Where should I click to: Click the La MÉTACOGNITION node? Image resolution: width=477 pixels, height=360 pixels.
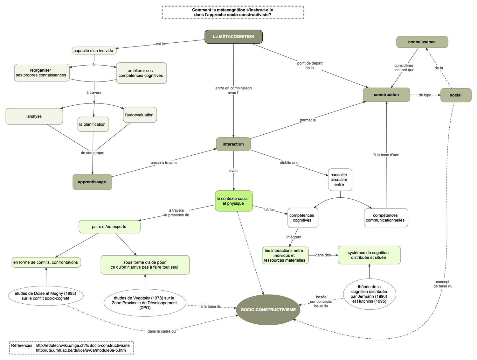[233, 37]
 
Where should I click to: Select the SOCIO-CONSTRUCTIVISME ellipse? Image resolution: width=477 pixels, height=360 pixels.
[268, 310]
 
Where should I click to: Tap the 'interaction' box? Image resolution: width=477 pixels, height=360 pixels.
[233, 144]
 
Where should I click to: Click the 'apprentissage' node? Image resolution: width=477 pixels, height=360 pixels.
[92, 182]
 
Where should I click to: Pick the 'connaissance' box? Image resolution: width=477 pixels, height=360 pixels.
[422, 42]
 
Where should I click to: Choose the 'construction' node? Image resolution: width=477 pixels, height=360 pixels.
[386, 95]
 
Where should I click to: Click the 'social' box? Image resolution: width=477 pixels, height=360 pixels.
[455, 95]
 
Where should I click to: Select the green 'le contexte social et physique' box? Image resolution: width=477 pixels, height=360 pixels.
[233, 201]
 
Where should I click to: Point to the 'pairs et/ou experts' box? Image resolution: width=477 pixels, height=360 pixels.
[109, 227]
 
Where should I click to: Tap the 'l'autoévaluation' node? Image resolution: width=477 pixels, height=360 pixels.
[140, 115]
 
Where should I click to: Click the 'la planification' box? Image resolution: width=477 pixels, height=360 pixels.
[93, 124]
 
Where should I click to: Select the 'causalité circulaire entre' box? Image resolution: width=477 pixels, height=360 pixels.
[339, 180]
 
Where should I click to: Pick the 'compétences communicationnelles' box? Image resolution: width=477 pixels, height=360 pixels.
[385, 218]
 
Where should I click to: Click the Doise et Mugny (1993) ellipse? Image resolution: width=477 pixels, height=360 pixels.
[45, 296]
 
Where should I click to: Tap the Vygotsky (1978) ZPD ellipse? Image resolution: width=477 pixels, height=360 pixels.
[145, 303]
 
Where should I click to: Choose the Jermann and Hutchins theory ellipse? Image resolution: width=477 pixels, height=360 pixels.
[369, 294]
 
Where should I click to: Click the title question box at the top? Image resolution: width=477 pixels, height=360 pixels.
[233, 12]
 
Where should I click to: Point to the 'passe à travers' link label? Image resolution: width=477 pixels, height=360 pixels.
[163, 163]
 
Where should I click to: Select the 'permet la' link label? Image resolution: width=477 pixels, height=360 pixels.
[308, 120]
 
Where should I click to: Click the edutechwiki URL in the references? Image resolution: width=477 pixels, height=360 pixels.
[82, 345]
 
